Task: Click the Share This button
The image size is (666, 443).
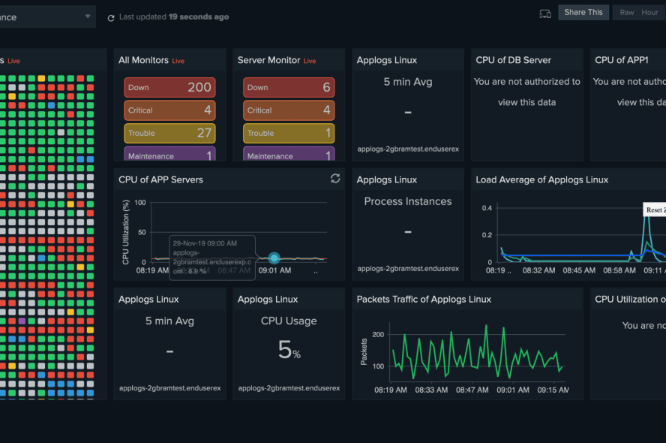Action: coord(583,12)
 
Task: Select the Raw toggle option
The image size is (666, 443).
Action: coord(626,12)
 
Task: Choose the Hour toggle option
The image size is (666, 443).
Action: coord(649,12)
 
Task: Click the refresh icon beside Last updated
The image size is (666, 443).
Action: coord(111,17)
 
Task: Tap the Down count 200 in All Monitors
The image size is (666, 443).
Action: coord(199,87)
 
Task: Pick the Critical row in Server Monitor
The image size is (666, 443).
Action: coord(289,110)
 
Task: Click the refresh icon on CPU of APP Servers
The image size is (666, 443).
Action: coord(335,179)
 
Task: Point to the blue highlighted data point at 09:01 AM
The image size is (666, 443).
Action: coord(274,258)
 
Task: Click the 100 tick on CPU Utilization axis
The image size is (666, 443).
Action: coord(139,203)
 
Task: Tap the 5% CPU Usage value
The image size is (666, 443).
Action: coord(289,349)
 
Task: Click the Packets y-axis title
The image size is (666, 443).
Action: coord(364,351)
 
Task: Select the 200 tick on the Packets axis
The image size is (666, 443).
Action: coord(378,334)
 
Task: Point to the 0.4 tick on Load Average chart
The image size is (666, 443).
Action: coord(487,208)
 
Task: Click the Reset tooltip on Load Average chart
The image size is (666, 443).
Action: coord(654,209)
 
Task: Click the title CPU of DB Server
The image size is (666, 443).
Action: coord(513,60)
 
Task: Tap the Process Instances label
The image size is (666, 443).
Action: coord(407,201)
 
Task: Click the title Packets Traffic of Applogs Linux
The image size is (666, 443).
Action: coord(424,299)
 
